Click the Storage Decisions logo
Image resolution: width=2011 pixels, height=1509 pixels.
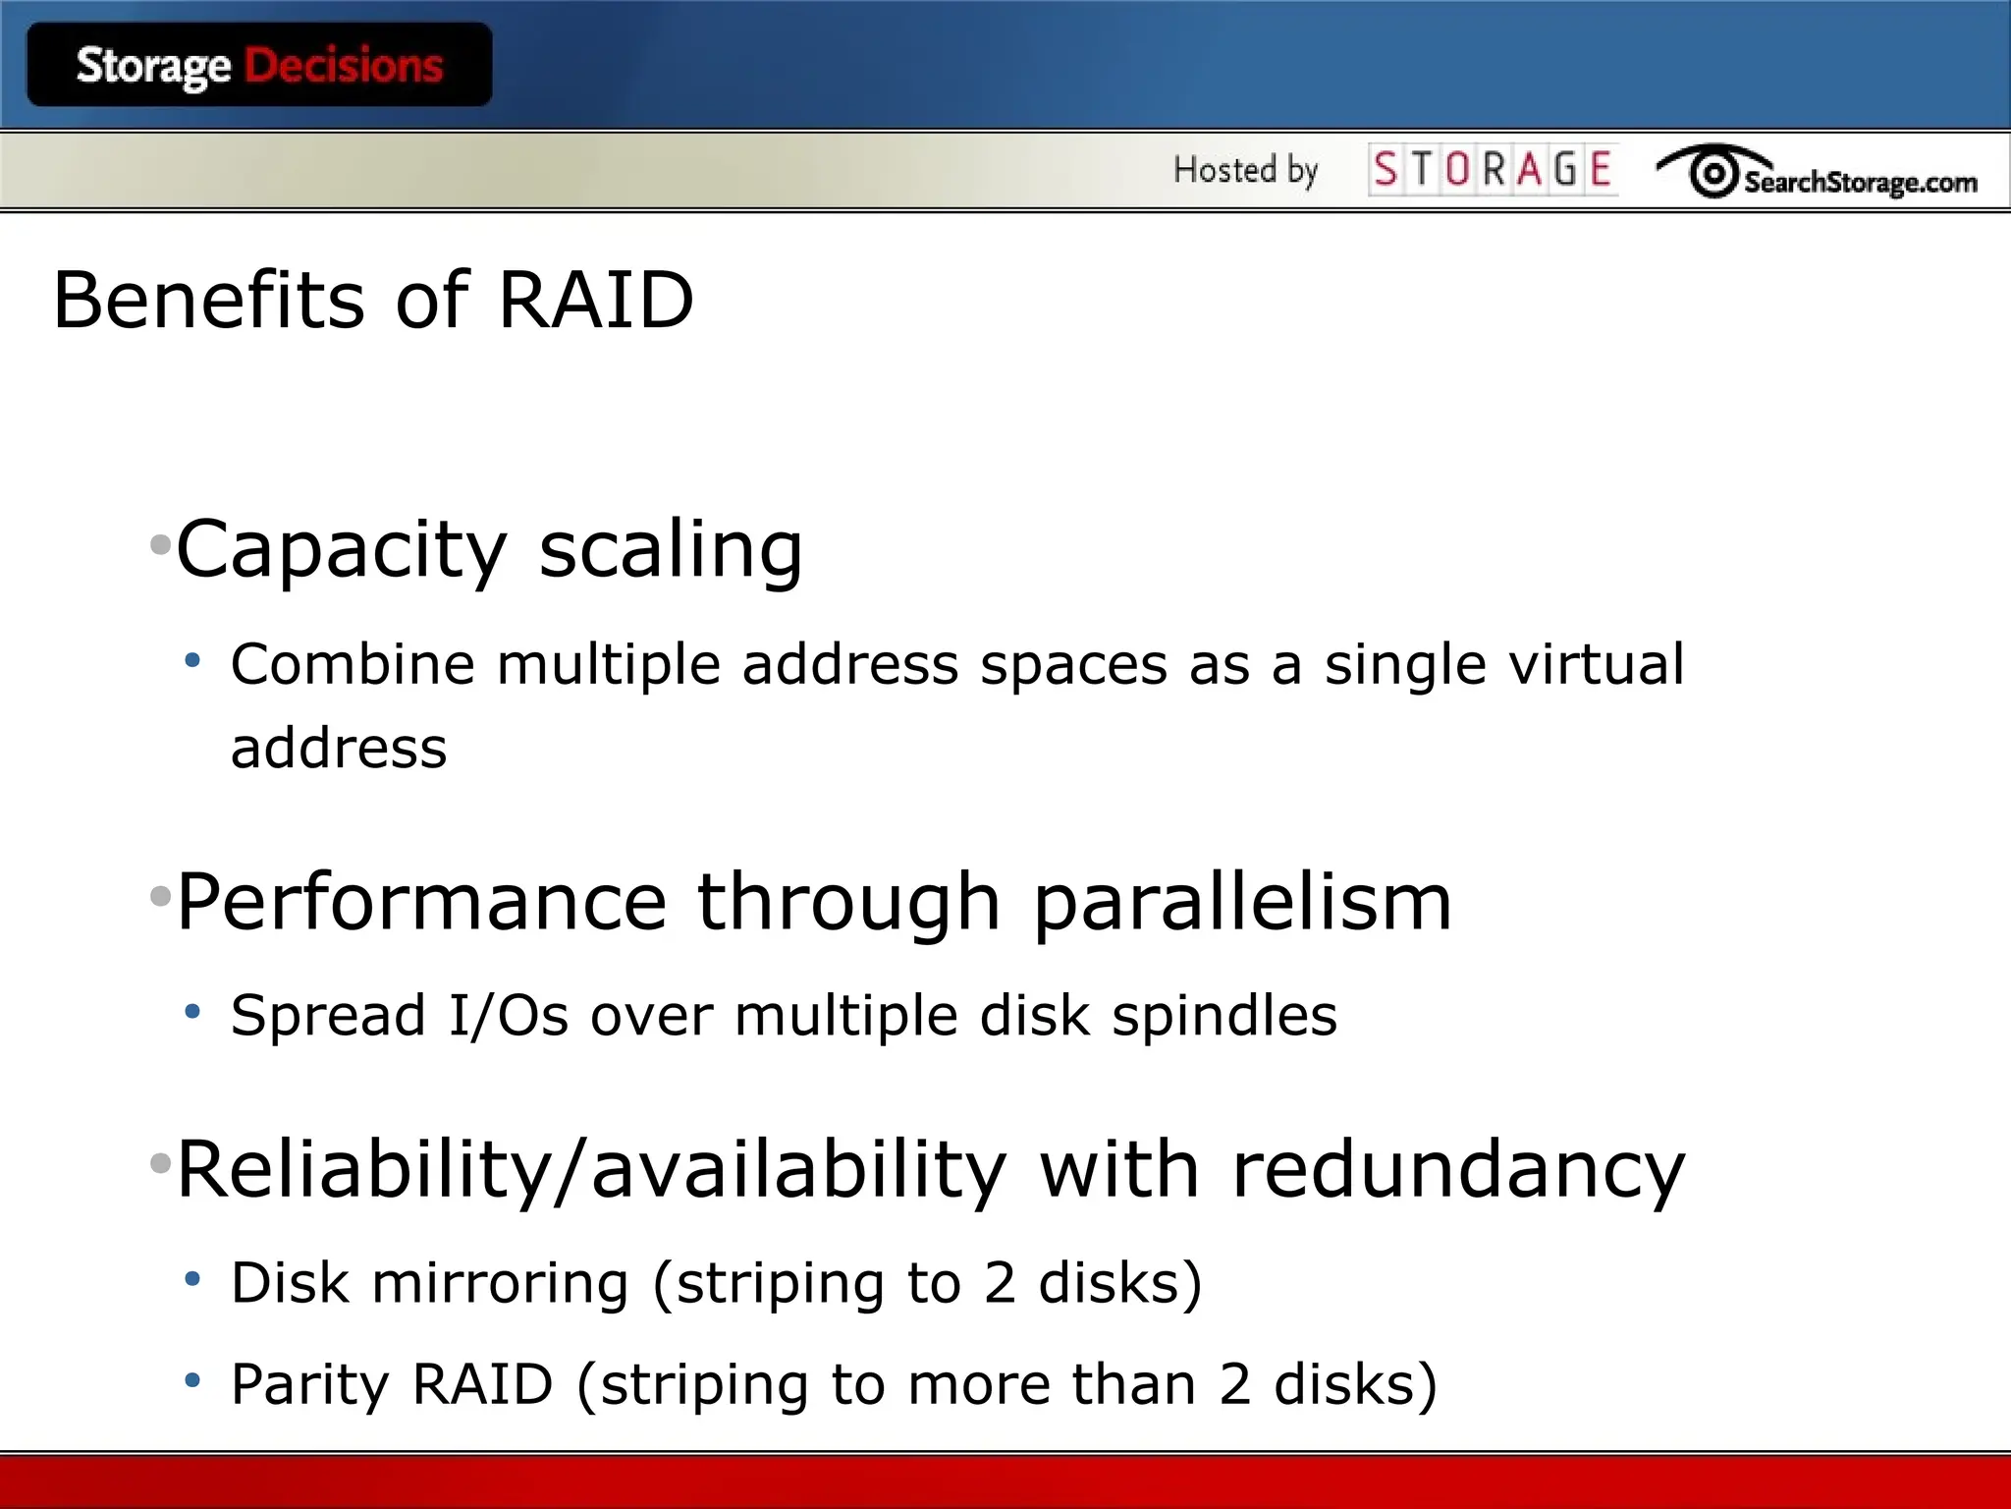tap(259, 66)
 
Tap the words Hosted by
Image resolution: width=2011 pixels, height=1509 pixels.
tap(1245, 170)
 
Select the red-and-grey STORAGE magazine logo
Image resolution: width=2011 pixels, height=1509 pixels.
tap(1493, 169)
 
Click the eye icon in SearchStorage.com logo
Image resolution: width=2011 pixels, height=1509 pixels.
tap(1714, 174)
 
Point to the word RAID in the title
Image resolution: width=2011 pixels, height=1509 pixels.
tap(596, 300)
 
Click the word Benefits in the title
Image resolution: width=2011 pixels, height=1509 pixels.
tap(209, 300)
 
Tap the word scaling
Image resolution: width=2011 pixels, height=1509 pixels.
tap(671, 550)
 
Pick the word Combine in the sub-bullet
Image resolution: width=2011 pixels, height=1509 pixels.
tap(353, 664)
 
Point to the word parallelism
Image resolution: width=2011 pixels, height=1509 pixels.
tap(1242, 904)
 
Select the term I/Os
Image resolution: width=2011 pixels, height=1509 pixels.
tap(508, 1015)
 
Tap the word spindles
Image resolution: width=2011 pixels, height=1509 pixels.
tap(1223, 1016)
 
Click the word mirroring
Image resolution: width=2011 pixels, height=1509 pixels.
tap(500, 1283)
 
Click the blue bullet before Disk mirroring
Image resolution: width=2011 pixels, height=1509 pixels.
tap(192, 1279)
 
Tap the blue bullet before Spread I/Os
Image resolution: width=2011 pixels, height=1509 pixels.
tap(192, 1011)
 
